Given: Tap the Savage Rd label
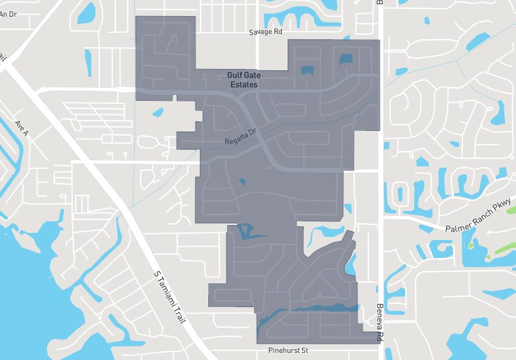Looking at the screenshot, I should pos(266,32).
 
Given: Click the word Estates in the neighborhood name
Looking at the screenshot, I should pos(244,85).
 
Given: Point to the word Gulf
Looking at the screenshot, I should pos(235,75).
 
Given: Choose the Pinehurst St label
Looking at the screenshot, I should pos(289,351).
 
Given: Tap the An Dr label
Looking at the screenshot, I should pos(8,14).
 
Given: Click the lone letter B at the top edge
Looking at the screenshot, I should pos(380,3).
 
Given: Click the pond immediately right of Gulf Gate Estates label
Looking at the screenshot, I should pos(306,70).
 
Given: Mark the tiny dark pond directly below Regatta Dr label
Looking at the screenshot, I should pos(243,181).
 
